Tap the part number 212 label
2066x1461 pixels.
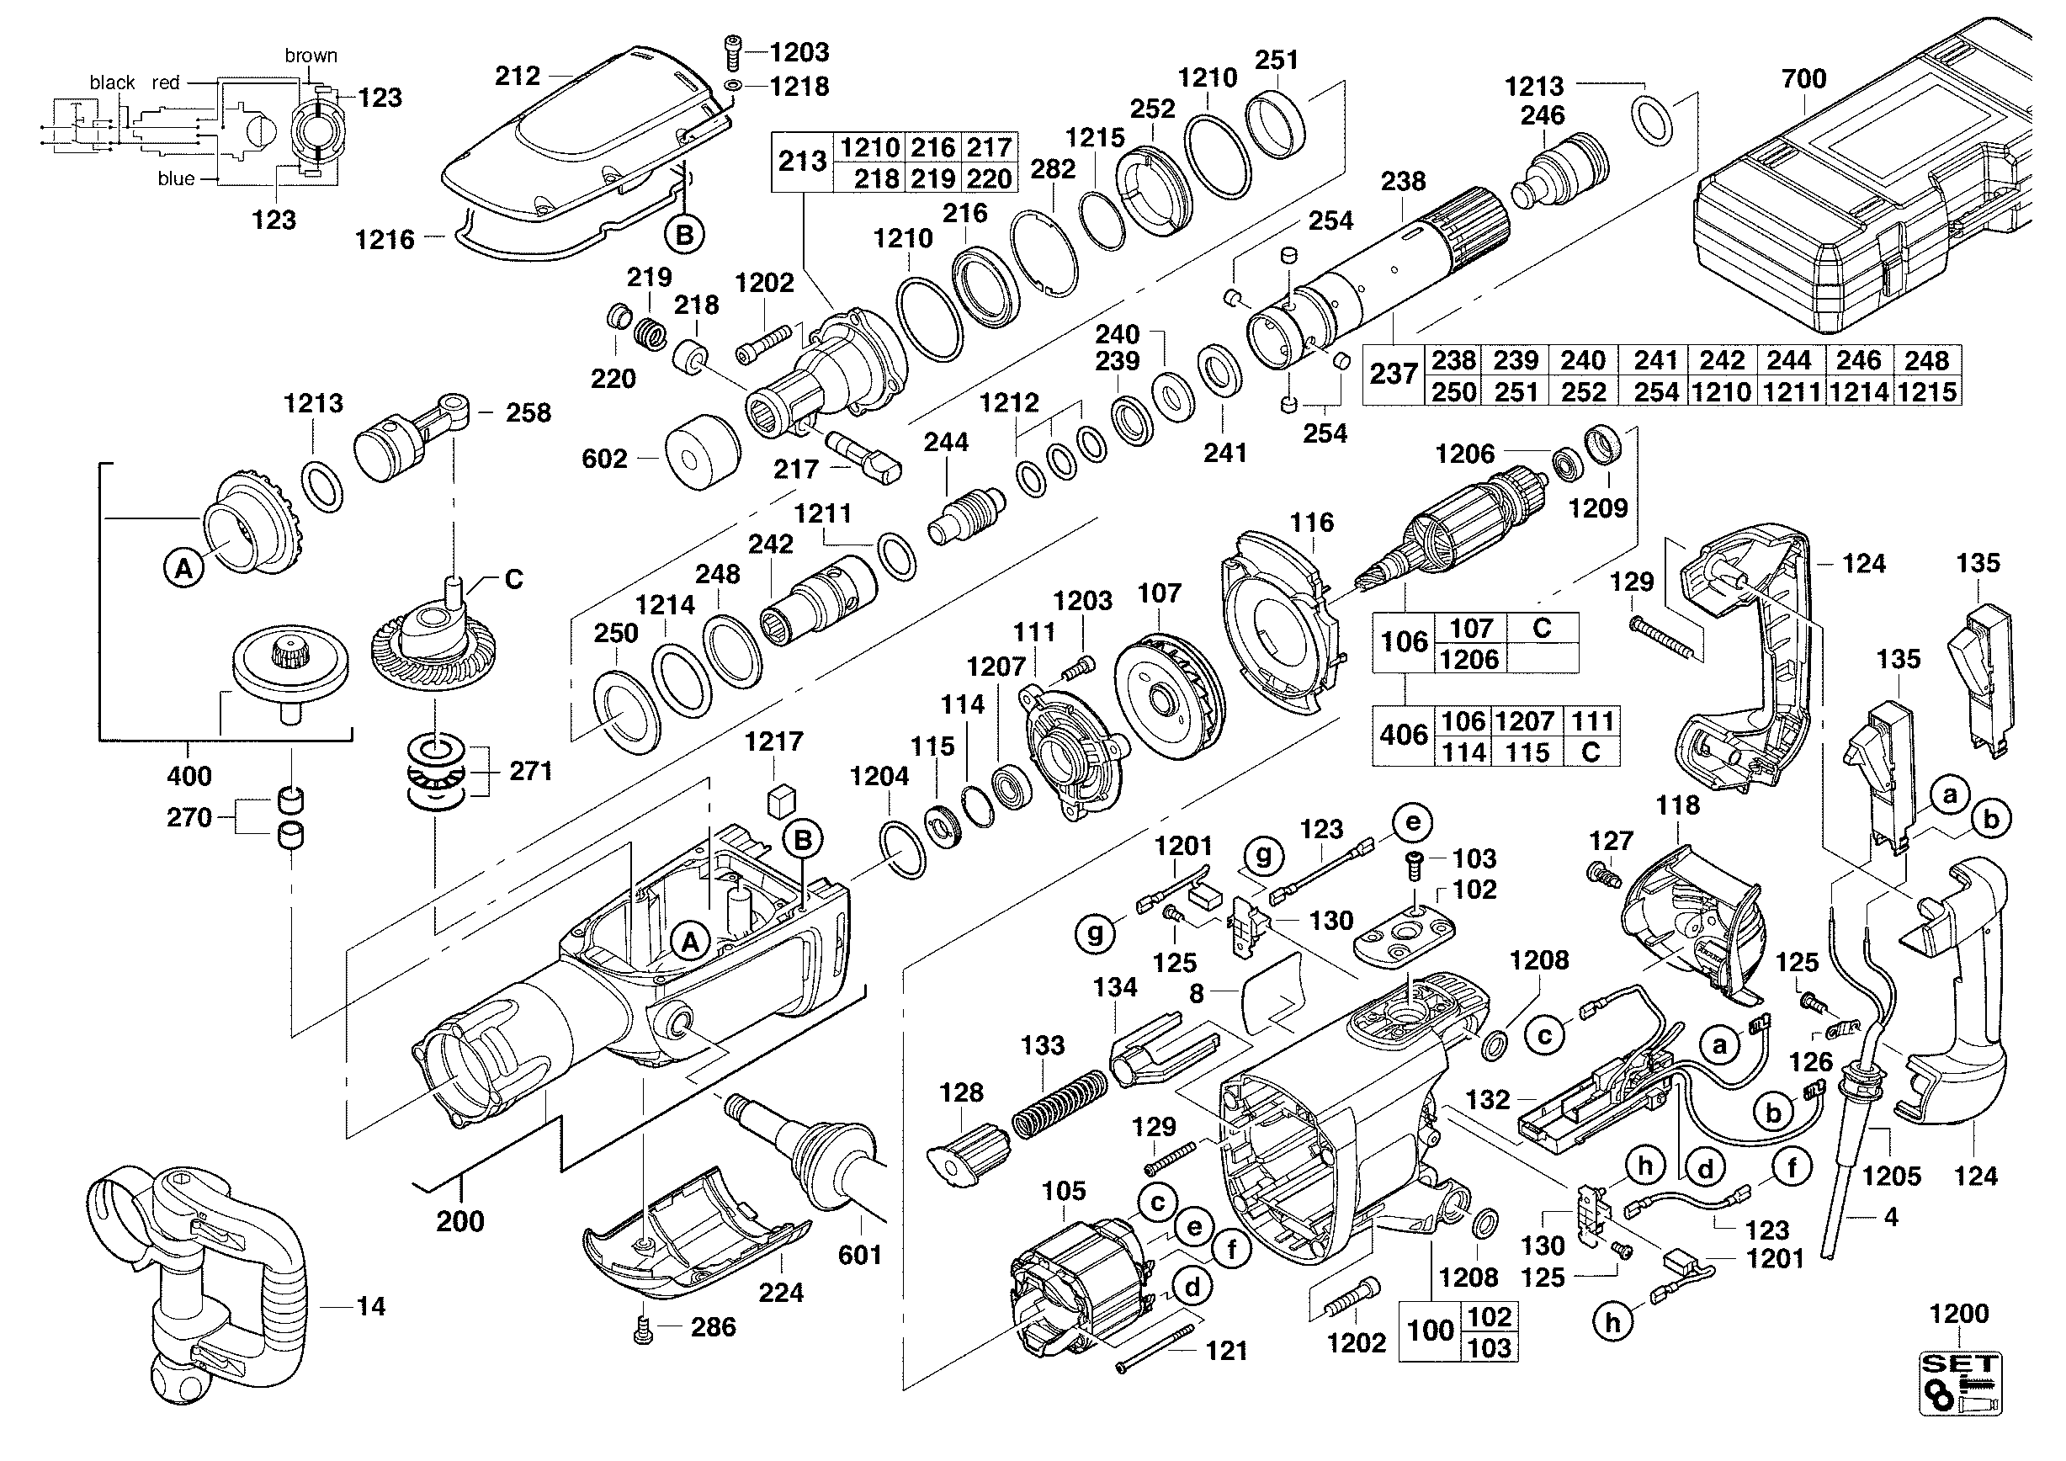pyautogui.click(x=518, y=76)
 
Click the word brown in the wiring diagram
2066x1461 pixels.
pyautogui.click(x=311, y=56)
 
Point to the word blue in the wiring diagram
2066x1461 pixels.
pyautogui.click(x=176, y=179)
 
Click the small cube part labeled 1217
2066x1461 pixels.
pyautogui.click(x=780, y=800)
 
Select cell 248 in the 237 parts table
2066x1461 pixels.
pyautogui.click(x=1925, y=361)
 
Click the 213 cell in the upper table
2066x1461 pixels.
pyautogui.click(x=803, y=162)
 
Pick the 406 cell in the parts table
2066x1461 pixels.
pyautogui.click(x=1403, y=736)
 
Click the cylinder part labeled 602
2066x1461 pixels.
pyautogui.click(x=702, y=453)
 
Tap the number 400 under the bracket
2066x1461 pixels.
pyautogui.click(x=189, y=775)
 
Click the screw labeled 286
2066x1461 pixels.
pyautogui.click(x=642, y=1330)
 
